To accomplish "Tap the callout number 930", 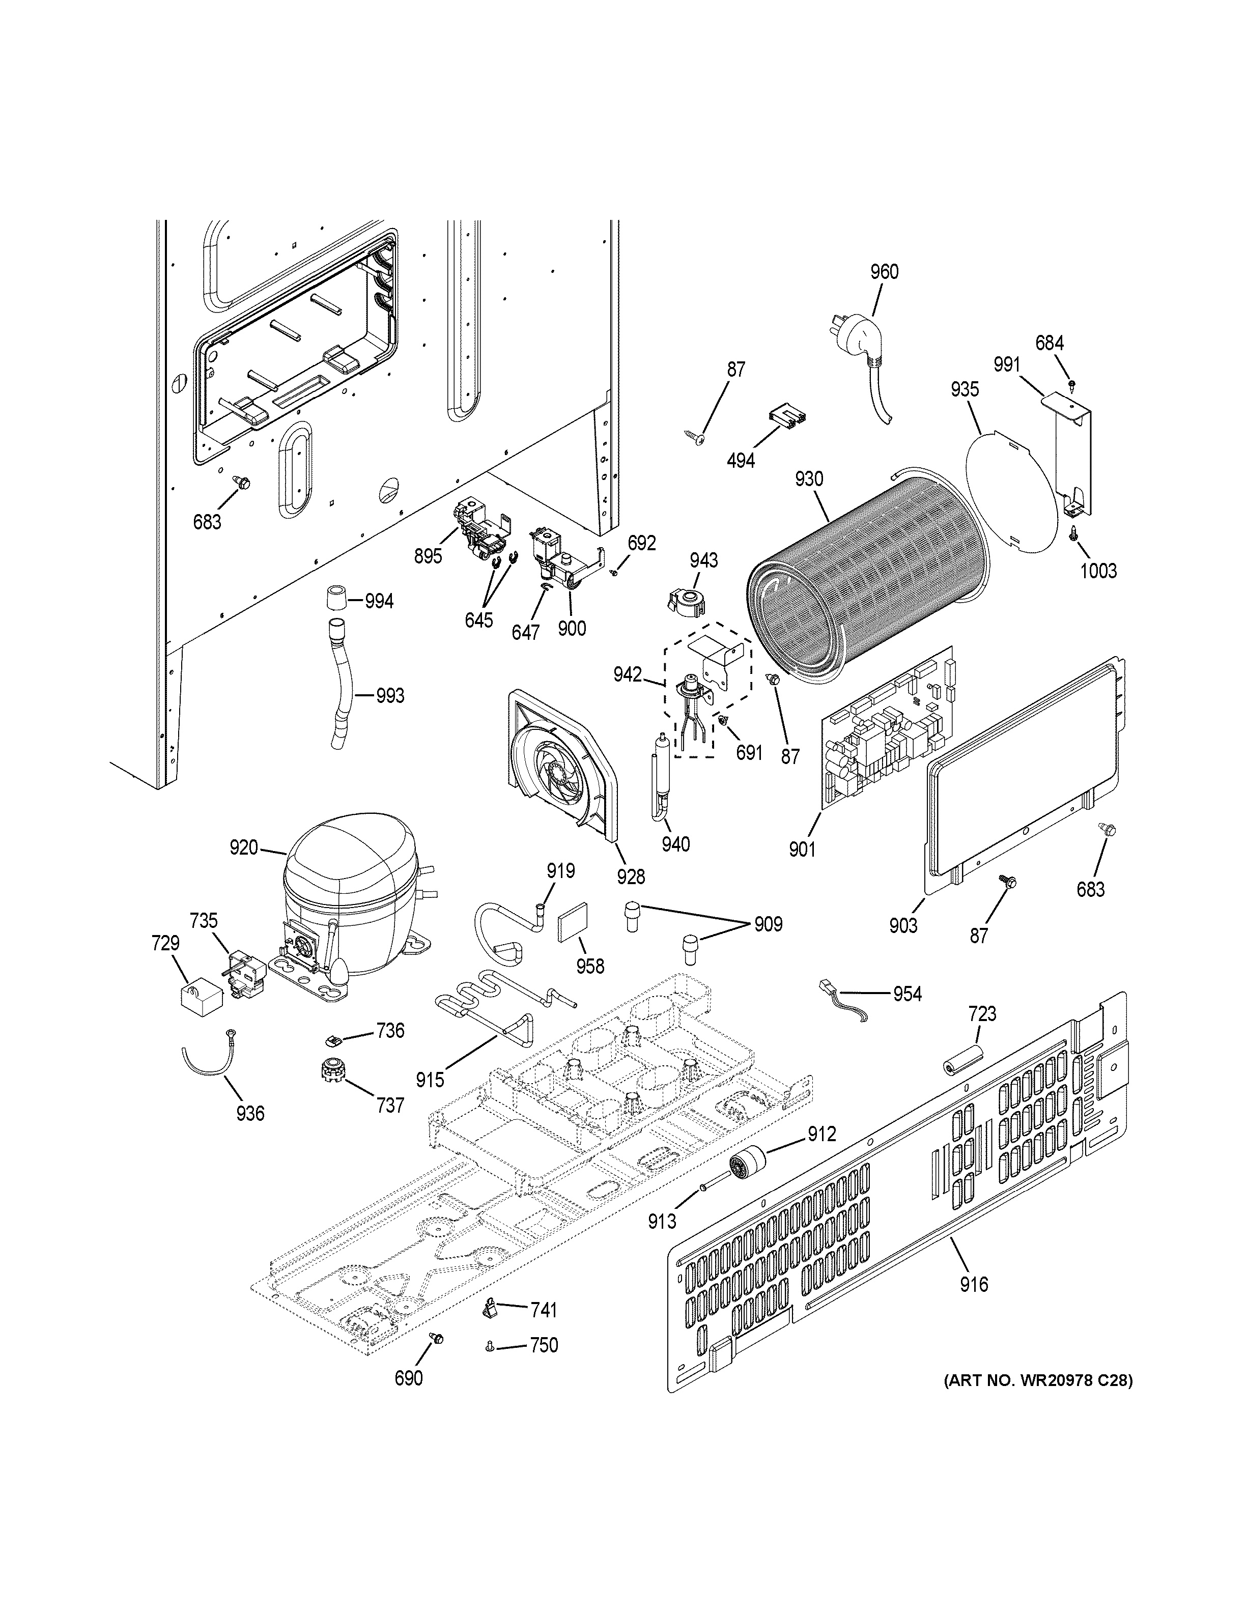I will point(809,479).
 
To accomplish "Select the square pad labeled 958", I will point(571,926).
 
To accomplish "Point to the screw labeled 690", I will point(437,1338).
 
